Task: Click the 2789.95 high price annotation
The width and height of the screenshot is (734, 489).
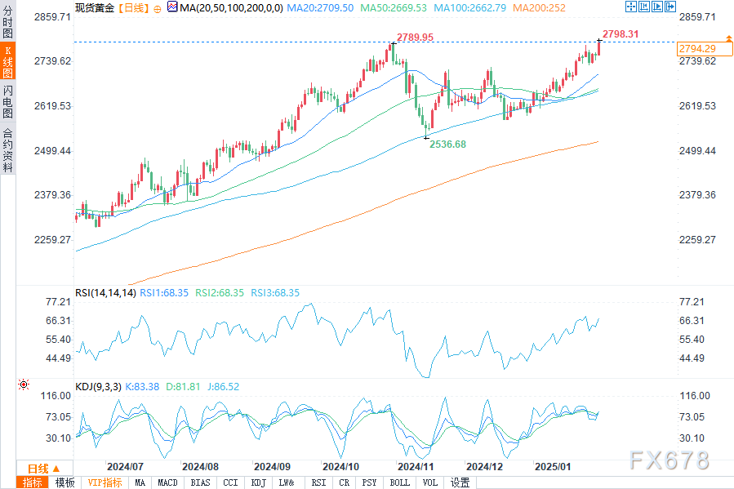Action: (x=415, y=38)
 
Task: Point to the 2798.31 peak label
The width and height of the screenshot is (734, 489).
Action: (x=621, y=34)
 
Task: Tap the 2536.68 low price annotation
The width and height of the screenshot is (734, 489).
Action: (x=448, y=144)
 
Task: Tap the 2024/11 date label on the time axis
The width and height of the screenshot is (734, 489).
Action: (x=416, y=467)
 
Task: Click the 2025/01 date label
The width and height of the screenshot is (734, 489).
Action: (x=552, y=467)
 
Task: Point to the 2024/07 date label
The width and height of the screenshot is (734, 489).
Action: (x=125, y=467)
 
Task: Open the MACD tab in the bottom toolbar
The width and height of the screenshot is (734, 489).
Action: (x=167, y=482)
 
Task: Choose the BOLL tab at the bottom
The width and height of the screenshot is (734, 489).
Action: (x=399, y=482)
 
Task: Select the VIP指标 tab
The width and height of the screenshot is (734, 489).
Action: (x=105, y=482)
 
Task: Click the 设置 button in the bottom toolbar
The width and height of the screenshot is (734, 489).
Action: (x=460, y=482)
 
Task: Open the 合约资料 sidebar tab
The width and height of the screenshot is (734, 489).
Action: (x=7, y=150)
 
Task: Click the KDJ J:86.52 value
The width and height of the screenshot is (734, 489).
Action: (x=223, y=385)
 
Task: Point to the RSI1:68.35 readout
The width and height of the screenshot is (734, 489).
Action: (x=165, y=292)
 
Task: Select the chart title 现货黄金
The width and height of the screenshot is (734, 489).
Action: (x=94, y=7)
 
